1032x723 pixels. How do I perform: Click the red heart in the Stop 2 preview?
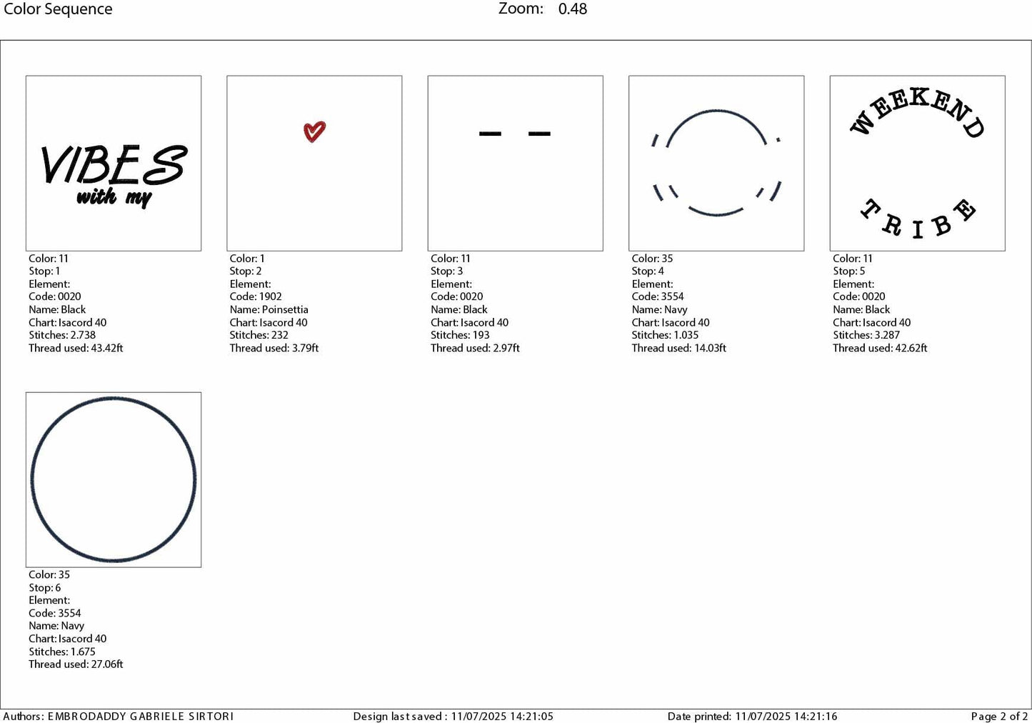pos(314,131)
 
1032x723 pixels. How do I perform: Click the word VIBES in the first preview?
pos(114,165)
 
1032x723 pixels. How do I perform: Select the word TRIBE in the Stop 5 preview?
pos(917,219)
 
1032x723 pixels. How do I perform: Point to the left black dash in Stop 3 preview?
pos(490,134)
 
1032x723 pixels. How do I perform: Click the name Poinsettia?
pos(285,309)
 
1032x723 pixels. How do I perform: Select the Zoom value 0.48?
pos(573,9)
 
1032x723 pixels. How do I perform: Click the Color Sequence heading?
pos(58,9)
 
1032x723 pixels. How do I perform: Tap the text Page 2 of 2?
pos(999,716)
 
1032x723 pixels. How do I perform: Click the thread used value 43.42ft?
pos(107,348)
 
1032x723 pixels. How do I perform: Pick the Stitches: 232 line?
pos(259,335)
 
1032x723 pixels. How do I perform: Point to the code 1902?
pos(270,296)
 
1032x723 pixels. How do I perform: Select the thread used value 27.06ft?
pos(107,664)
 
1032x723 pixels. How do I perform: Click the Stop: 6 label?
pos(45,587)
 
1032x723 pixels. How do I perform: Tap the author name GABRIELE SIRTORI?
pos(181,716)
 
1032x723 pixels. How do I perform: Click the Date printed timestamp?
pos(786,716)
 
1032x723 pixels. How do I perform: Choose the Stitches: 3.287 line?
pos(866,335)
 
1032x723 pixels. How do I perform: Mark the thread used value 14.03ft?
pos(710,348)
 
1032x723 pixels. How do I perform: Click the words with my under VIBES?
pos(114,197)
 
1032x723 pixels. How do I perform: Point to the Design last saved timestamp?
pos(502,716)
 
